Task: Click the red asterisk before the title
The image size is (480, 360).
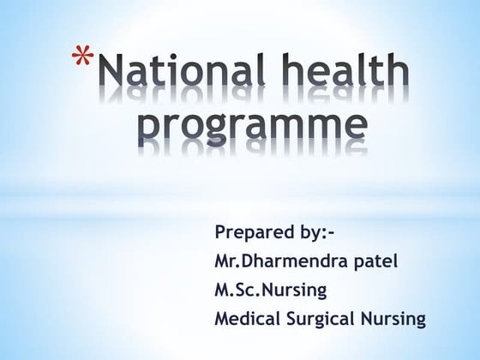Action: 82,55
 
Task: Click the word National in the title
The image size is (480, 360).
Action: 182,69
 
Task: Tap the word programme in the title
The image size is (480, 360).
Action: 253,127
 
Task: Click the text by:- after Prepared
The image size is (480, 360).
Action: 313,231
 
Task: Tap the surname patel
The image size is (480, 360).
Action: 375,261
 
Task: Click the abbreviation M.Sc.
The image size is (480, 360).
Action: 237,290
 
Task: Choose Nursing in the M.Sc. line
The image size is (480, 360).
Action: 293,291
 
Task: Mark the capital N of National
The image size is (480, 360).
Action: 112,70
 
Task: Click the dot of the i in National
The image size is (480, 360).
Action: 172,57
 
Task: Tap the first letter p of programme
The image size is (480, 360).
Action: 149,130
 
